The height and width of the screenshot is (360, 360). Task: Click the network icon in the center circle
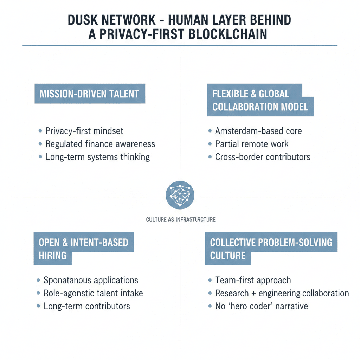pyautogui.click(x=180, y=195)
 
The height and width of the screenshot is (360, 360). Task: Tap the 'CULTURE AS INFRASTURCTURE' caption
pyautogui.click(x=181, y=220)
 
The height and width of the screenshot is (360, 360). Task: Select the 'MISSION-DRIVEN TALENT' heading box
pyautogui.click(x=90, y=94)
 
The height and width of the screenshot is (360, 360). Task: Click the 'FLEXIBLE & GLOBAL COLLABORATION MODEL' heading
pyautogui.click(x=260, y=100)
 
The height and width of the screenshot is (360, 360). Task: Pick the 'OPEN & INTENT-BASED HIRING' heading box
pyautogui.click(x=84, y=248)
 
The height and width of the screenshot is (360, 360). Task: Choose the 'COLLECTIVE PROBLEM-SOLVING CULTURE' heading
pyautogui.click(x=271, y=248)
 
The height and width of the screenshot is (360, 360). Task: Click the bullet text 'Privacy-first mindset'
pyautogui.click(x=84, y=131)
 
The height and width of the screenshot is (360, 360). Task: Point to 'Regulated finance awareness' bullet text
pyautogui.click(x=100, y=144)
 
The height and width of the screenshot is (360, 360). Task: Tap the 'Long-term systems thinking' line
pyautogui.click(x=98, y=157)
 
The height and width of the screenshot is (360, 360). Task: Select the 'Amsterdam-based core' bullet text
pyautogui.click(x=258, y=131)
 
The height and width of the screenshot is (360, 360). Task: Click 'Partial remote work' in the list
pyautogui.click(x=252, y=144)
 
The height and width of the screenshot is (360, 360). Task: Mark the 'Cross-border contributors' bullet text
pyautogui.click(x=263, y=157)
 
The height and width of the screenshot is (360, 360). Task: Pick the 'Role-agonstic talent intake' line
pyautogui.click(x=93, y=293)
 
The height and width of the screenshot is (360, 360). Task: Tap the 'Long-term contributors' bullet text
pyautogui.click(x=86, y=306)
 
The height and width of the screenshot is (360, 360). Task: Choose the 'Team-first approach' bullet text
pyautogui.click(x=253, y=280)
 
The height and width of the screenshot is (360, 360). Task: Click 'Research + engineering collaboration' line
pyautogui.click(x=282, y=293)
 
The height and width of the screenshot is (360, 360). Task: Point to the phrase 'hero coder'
pyautogui.click(x=250, y=306)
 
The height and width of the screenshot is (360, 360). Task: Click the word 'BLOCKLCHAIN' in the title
pyautogui.click(x=227, y=34)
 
